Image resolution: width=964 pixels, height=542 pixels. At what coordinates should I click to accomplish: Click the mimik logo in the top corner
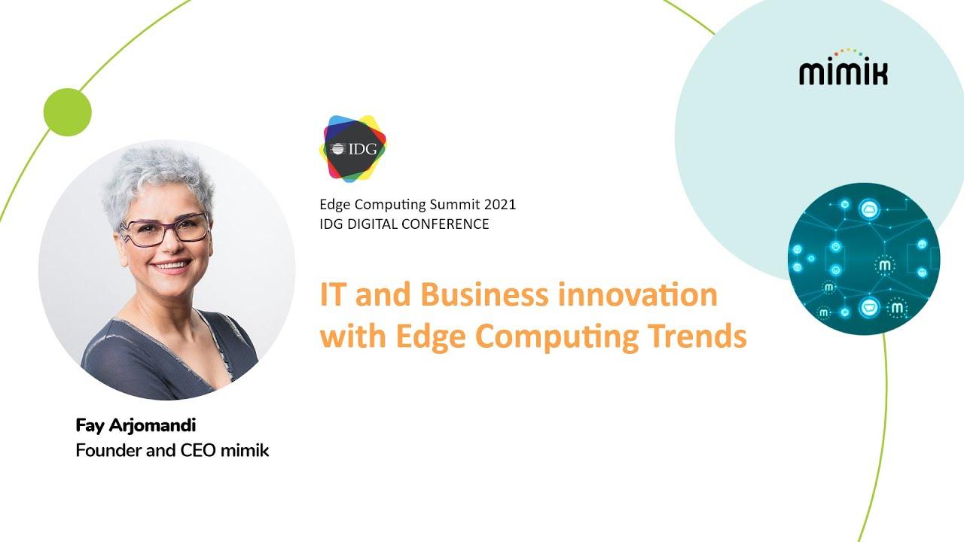point(843,67)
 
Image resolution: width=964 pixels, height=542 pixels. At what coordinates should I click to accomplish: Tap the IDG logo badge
point(353,149)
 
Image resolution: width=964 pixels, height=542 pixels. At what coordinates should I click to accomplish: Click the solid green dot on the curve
point(68,112)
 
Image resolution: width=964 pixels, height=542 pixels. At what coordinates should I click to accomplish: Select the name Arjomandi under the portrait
point(152,425)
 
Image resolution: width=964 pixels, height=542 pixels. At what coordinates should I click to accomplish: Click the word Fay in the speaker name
point(90,426)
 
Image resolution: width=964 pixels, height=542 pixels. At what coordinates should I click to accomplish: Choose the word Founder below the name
point(108,450)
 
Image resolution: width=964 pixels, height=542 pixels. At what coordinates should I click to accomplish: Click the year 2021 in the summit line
point(499,204)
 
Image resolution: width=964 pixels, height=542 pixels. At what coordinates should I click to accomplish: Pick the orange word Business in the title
point(484,294)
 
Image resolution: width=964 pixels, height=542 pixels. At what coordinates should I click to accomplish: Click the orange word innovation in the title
point(638,294)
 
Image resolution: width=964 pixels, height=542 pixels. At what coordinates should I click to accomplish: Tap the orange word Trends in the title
point(697,336)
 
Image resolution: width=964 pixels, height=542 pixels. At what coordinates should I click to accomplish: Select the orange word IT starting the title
point(333,294)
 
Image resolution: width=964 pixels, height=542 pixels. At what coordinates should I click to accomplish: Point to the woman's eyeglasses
point(165,230)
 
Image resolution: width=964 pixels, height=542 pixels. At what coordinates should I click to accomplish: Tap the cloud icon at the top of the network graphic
point(869,209)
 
